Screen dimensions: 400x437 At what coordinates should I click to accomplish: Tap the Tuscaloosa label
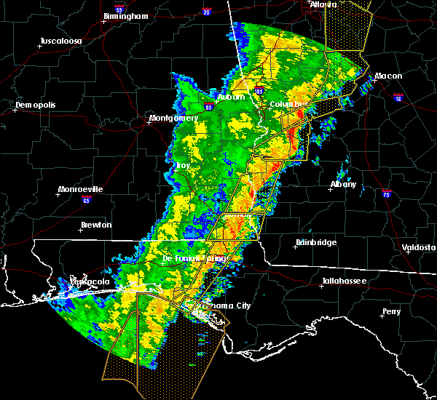tap(60, 40)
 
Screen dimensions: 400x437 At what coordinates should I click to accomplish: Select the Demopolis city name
tap(36, 105)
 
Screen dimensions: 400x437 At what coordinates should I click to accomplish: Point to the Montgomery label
tap(173, 118)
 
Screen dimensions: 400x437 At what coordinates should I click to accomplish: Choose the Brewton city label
tap(96, 225)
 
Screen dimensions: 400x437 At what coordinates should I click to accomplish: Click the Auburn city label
tap(231, 97)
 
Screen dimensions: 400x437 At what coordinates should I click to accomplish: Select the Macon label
tap(389, 76)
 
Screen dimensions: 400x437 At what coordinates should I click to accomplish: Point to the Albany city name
tap(343, 184)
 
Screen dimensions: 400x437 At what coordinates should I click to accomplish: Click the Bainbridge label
tap(315, 242)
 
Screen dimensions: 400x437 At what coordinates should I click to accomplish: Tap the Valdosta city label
tap(419, 247)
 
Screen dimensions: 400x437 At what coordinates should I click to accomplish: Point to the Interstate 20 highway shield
tap(205, 12)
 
